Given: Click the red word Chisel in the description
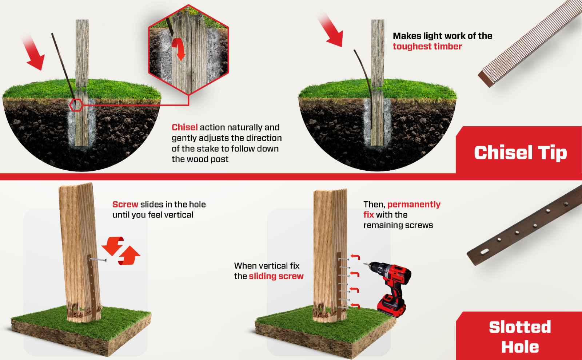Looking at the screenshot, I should pyautogui.click(x=184, y=127).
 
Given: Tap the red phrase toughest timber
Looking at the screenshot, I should pyautogui.click(x=427, y=47).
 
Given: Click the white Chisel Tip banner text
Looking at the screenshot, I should pyautogui.click(x=520, y=153).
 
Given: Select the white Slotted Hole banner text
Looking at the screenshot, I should pyautogui.click(x=520, y=337).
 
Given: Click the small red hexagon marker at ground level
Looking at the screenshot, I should pyautogui.click(x=76, y=105).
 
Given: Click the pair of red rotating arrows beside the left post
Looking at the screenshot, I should pyautogui.click(x=121, y=251).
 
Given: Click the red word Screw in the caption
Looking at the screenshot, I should pyautogui.click(x=125, y=205).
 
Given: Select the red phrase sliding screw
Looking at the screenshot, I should pyautogui.click(x=276, y=276).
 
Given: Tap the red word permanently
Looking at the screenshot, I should pyautogui.click(x=414, y=205).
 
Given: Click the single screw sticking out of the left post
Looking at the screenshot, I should pyautogui.click(x=97, y=260).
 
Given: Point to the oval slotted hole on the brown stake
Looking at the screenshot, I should pyautogui.click(x=485, y=251).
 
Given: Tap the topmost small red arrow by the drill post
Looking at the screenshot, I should pyautogui.click(x=355, y=257).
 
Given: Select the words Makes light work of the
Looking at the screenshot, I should pyautogui.click(x=442, y=36).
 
